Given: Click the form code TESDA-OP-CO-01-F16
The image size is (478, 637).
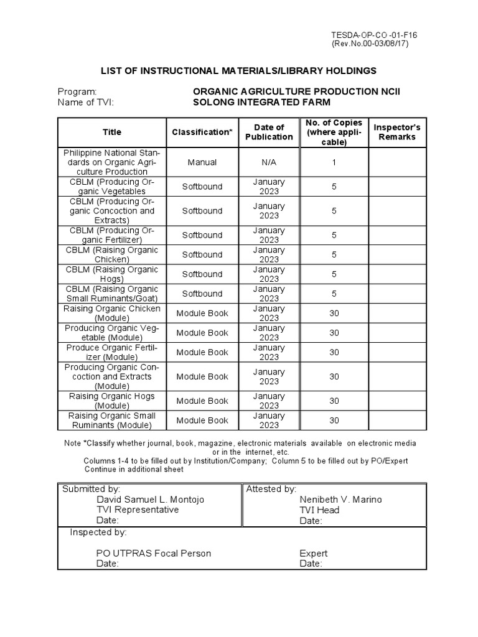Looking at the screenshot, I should click(373, 35).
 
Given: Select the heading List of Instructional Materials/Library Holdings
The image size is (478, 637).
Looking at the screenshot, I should click(239, 71).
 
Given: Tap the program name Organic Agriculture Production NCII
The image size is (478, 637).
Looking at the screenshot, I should click(297, 91).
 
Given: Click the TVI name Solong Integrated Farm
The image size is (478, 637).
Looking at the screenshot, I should click(262, 102).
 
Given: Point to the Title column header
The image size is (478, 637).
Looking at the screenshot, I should click(112, 132).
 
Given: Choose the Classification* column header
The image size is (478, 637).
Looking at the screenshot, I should click(202, 132).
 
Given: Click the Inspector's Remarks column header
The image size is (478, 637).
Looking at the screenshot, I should click(396, 132).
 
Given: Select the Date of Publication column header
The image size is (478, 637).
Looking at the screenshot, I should click(269, 132).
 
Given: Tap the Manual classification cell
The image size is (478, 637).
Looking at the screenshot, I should click(202, 162).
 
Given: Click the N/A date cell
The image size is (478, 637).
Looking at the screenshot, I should click(269, 162).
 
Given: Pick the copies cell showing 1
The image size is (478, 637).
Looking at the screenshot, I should click(334, 162).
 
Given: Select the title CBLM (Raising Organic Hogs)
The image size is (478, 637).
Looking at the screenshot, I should click(112, 274).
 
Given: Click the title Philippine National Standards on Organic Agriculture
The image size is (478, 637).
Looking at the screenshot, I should click(112, 162).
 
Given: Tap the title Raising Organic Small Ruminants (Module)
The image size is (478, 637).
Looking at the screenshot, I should click(112, 421).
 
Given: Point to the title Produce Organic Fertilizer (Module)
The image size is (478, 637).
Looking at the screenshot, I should click(112, 352).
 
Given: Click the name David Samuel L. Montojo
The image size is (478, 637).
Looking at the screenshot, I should click(150, 500).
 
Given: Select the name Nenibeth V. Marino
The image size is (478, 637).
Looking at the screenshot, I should click(340, 500).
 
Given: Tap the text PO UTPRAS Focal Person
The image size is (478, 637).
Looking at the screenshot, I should click(153, 553).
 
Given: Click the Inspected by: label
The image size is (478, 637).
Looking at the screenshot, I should click(98, 532).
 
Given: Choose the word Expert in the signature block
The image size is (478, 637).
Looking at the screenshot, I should click(313, 553).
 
